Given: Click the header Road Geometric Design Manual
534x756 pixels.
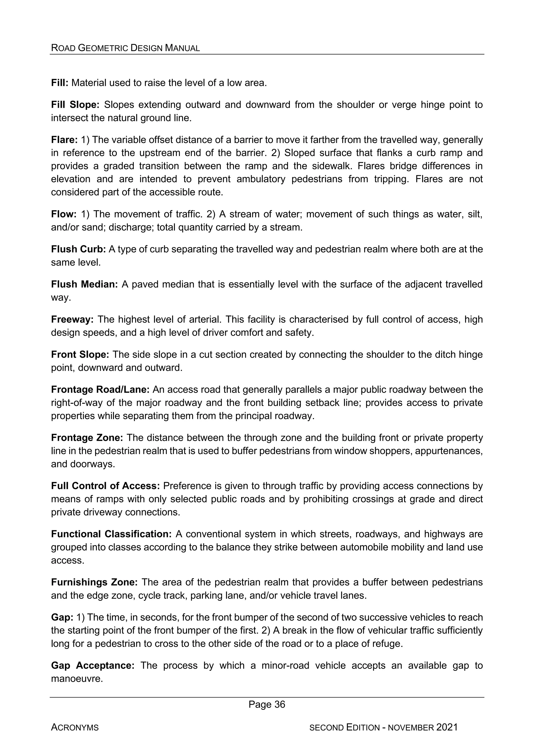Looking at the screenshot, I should coord(125,48).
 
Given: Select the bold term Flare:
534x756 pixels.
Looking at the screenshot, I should coord(64,140).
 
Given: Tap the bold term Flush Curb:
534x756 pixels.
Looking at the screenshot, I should coord(78,249).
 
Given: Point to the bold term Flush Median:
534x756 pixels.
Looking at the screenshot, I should coord(84,284).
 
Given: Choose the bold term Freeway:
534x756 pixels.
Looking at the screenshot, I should coord(72,319).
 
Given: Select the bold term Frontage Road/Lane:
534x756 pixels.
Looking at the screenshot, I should coord(100,390).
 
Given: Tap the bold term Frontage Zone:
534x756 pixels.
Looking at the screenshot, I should coord(87,438).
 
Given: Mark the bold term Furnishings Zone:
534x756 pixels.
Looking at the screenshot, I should coord(94,582).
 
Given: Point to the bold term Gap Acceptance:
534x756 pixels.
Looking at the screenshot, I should coord(93,665).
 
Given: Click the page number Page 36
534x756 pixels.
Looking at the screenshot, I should coord(267,704).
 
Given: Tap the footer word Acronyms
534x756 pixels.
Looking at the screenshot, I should coord(75,727).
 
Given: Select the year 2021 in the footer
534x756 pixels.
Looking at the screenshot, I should coord(447,727).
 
